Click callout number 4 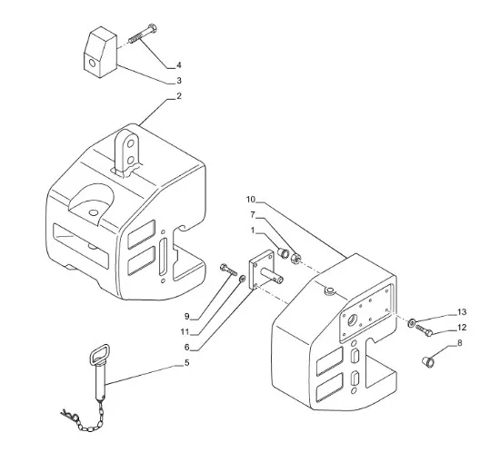click(x=179, y=65)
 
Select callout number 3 click(x=179, y=81)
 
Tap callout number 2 click(x=179, y=96)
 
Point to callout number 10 click(x=251, y=200)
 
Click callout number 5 click(x=186, y=363)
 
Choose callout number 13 click(x=462, y=312)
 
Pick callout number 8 click(x=459, y=343)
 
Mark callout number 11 click(x=185, y=332)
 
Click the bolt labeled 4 click(x=143, y=34)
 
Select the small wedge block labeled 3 click(x=100, y=52)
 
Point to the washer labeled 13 click(x=412, y=322)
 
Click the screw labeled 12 click(x=424, y=330)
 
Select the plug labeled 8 click(x=427, y=362)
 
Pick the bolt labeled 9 click(x=228, y=270)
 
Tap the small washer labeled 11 click(x=242, y=279)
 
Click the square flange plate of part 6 click(x=261, y=270)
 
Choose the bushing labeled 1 click(x=284, y=252)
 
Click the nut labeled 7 click(x=296, y=258)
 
